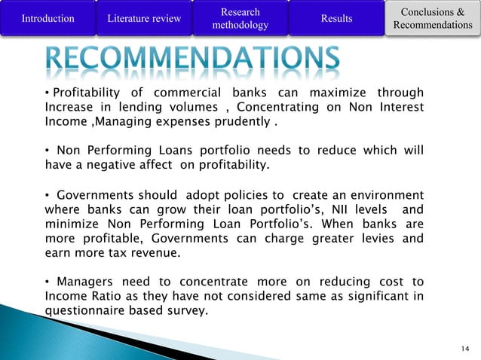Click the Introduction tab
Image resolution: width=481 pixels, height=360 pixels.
pos(48,19)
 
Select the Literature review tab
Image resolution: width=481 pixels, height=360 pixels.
pos(144,19)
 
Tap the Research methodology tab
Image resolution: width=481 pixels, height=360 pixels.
pos(240,19)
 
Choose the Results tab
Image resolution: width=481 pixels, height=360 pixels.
pos(336,19)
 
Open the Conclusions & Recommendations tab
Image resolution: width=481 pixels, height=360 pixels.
pos(432,19)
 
